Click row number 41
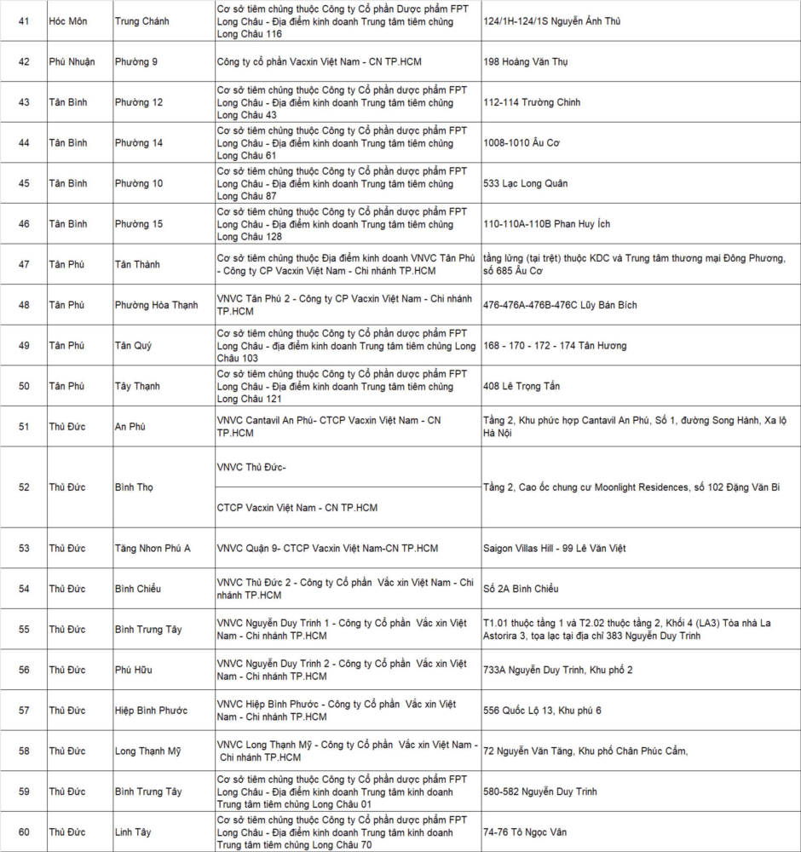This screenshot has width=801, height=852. [24, 20]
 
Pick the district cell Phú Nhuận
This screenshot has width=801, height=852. [72, 61]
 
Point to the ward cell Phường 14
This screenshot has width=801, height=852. [139, 142]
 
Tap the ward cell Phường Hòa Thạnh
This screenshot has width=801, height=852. [156, 305]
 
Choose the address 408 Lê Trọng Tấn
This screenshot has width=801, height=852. [522, 386]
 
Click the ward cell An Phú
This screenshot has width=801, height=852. [130, 427]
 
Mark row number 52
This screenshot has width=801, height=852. [24, 487]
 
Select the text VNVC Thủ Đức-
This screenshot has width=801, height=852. [251, 467]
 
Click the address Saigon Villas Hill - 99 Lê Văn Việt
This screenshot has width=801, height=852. [554, 548]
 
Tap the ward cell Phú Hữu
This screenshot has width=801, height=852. [134, 670]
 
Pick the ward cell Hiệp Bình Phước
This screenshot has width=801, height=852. [152, 711]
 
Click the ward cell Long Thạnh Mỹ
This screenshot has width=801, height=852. [147, 751]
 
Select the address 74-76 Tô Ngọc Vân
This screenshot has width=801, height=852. [525, 832]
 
